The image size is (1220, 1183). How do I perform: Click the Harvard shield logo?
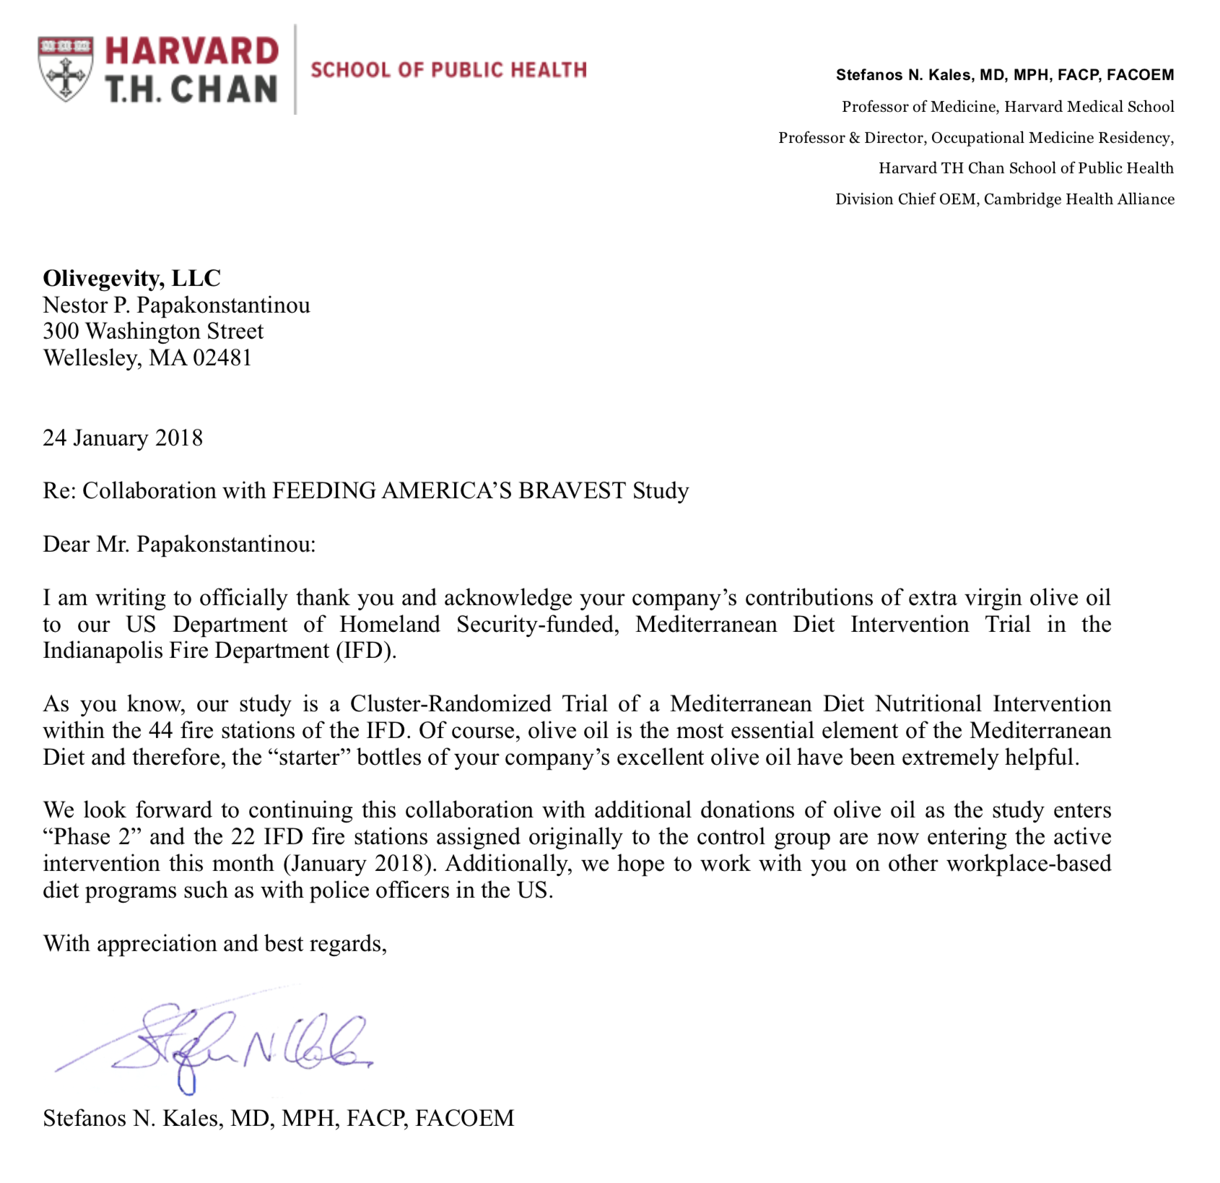(66, 69)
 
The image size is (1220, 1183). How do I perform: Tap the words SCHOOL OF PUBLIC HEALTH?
(448, 70)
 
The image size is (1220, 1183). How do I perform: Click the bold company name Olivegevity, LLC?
(132, 278)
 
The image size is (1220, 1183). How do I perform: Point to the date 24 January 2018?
(123, 438)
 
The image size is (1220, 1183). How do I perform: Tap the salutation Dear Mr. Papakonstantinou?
(179, 544)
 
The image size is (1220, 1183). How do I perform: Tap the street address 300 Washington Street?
(153, 331)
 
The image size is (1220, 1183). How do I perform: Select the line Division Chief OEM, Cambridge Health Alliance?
(1004, 199)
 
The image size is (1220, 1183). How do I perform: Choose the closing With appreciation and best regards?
(215, 943)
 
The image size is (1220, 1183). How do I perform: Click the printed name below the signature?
(279, 1118)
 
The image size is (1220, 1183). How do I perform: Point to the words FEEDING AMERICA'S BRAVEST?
(448, 491)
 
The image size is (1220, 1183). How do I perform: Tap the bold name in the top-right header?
(1004, 75)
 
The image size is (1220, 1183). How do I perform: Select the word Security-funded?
(537, 624)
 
